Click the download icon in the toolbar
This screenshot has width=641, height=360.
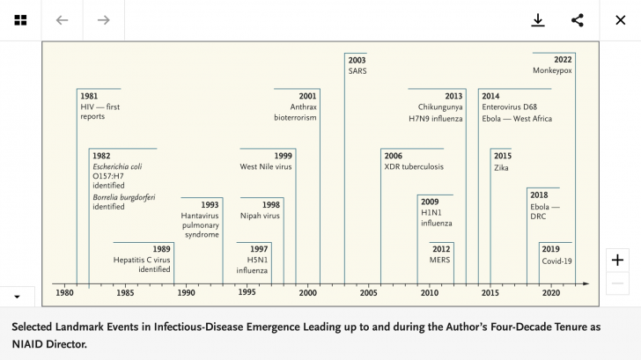(538, 20)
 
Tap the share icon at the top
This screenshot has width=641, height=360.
(578, 20)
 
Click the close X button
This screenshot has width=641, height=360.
(620, 20)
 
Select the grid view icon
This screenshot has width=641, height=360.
(19, 20)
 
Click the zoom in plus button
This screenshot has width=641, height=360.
(618, 260)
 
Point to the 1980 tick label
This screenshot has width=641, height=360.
(65, 293)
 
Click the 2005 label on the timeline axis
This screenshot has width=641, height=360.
(368, 293)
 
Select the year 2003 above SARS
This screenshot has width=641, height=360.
(357, 60)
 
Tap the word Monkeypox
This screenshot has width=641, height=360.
(552, 70)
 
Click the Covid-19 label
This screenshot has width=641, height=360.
(556, 261)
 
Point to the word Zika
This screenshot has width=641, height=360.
(501, 167)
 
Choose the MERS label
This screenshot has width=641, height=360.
(440, 261)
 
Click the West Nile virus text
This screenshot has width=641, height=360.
(266, 166)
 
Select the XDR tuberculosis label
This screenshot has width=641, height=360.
(414, 166)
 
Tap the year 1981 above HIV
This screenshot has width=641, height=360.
(89, 95)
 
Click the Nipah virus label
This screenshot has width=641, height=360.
(260, 215)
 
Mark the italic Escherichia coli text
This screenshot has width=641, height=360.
(121, 166)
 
